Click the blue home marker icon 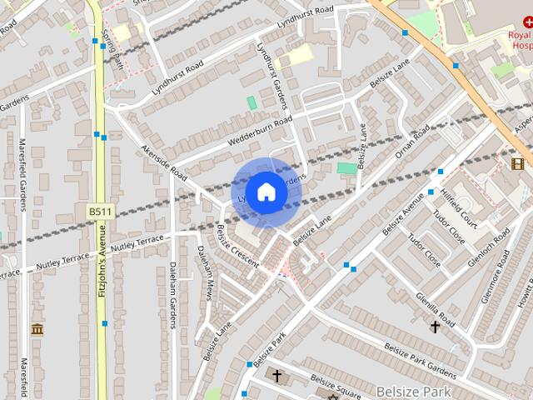(266, 192)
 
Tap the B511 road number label (100, 212)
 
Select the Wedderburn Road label (257, 132)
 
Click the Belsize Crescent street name (237, 247)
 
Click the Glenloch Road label (488, 241)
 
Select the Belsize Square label (336, 387)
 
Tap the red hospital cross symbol (527, 24)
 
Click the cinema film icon (518, 162)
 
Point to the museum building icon (37, 329)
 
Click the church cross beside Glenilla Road (434, 327)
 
